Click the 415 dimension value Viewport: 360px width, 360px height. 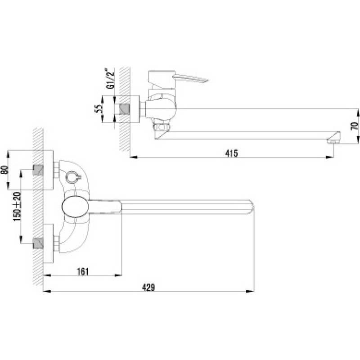coord(232,153)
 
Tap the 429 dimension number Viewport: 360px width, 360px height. coord(148,287)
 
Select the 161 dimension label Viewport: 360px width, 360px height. coord(82,272)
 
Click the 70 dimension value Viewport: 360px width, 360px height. coord(355,126)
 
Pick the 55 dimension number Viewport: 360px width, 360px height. coord(98,109)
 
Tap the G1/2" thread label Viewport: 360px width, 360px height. coord(110,78)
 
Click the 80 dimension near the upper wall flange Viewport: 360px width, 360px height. coord(5,170)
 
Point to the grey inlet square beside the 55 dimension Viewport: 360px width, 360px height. coord(124,109)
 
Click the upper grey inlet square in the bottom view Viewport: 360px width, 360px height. coord(38,170)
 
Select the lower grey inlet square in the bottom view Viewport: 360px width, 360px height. coord(38,243)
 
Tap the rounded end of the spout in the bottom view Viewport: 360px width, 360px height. coord(252,207)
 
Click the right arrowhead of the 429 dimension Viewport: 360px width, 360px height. coord(250,291)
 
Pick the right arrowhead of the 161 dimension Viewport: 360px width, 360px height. coord(118,275)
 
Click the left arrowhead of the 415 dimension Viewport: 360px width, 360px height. coord(134,157)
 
